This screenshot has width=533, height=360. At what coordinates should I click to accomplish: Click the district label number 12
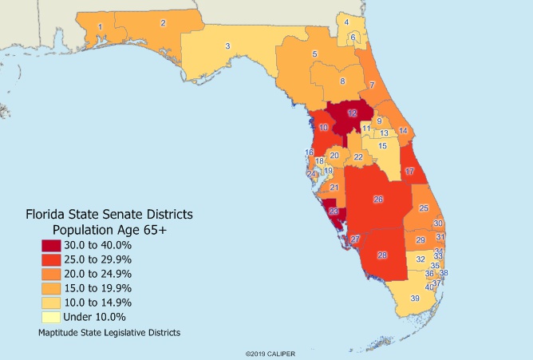352,113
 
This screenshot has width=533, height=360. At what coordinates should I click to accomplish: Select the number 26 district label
378,200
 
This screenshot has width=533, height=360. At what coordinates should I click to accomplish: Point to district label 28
382,255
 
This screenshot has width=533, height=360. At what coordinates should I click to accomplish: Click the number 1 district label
100,27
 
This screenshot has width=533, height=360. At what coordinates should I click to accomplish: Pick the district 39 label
415,299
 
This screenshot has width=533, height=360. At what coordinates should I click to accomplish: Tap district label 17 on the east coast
410,172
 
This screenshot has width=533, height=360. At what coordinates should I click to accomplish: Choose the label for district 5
315,53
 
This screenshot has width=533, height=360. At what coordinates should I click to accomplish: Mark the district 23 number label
334,212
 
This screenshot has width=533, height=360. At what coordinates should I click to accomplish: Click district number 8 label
343,81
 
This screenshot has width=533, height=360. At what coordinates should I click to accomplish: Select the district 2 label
164,23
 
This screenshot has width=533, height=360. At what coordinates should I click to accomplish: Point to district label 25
423,208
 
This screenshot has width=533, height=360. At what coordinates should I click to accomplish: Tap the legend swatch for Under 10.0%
53,317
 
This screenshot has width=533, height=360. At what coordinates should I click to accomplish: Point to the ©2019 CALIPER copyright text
267,352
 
